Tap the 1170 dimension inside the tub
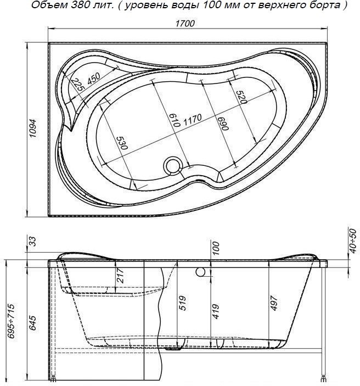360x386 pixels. pos(192,118)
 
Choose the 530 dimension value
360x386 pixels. pos(122,144)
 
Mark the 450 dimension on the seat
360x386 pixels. pos(95,79)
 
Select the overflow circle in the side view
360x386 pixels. pos(201,272)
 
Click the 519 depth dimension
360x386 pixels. pos(183,304)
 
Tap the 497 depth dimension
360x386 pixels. pos(274,304)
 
